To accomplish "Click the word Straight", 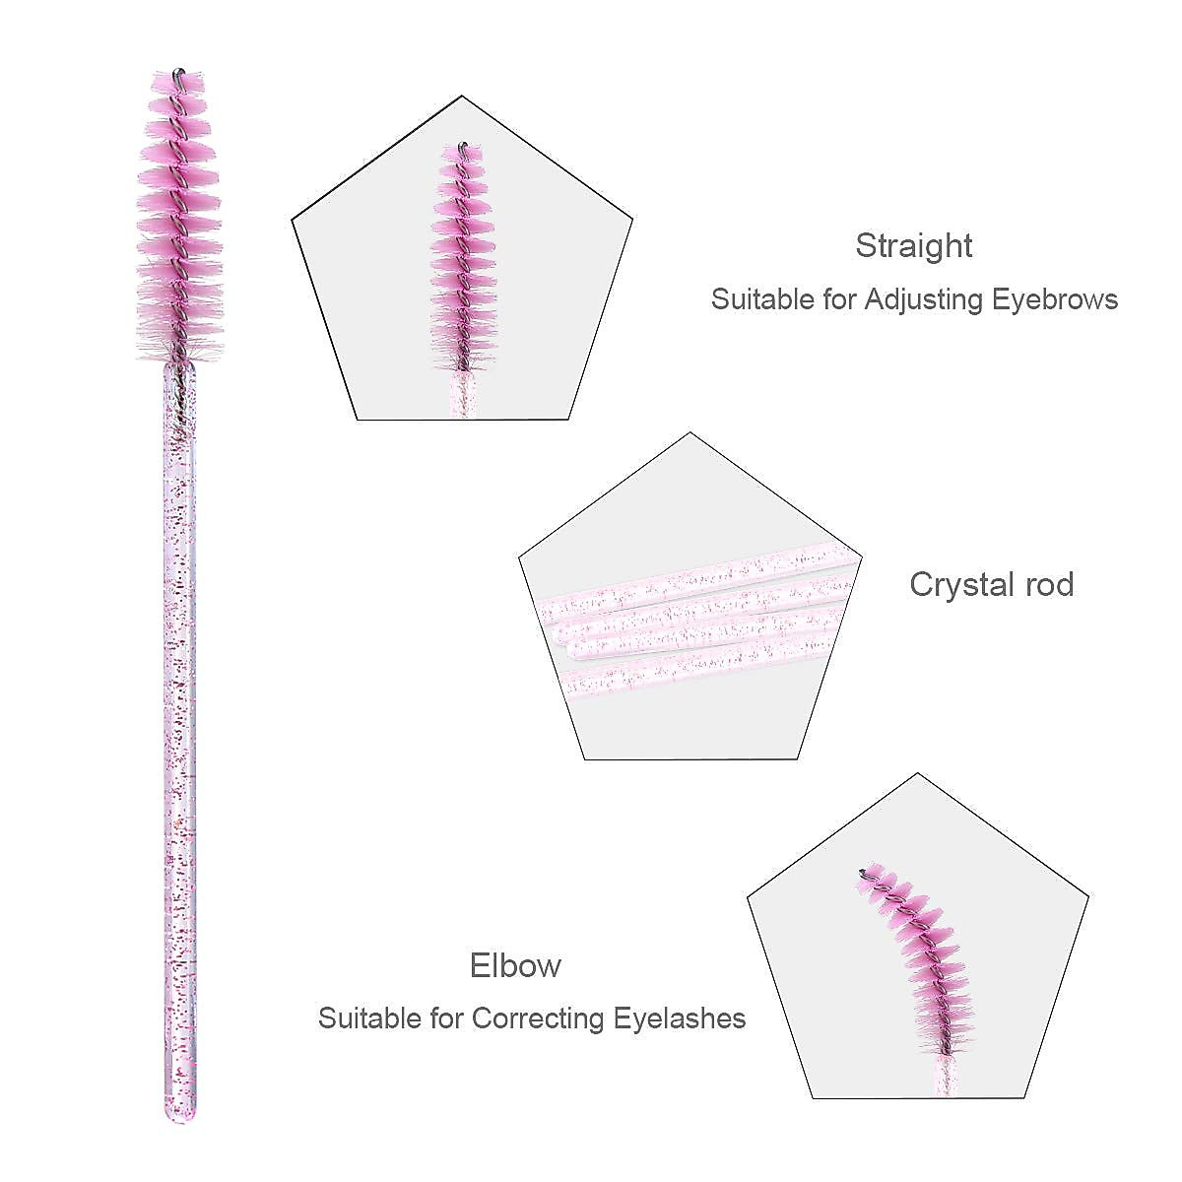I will [x=913, y=246].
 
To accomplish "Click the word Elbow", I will [x=515, y=965].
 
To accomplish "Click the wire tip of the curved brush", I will [x=863, y=871].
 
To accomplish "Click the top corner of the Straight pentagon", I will [x=462, y=97].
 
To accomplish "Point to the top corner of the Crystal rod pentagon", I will [x=690, y=433].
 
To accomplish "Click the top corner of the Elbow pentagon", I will [x=918, y=774].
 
